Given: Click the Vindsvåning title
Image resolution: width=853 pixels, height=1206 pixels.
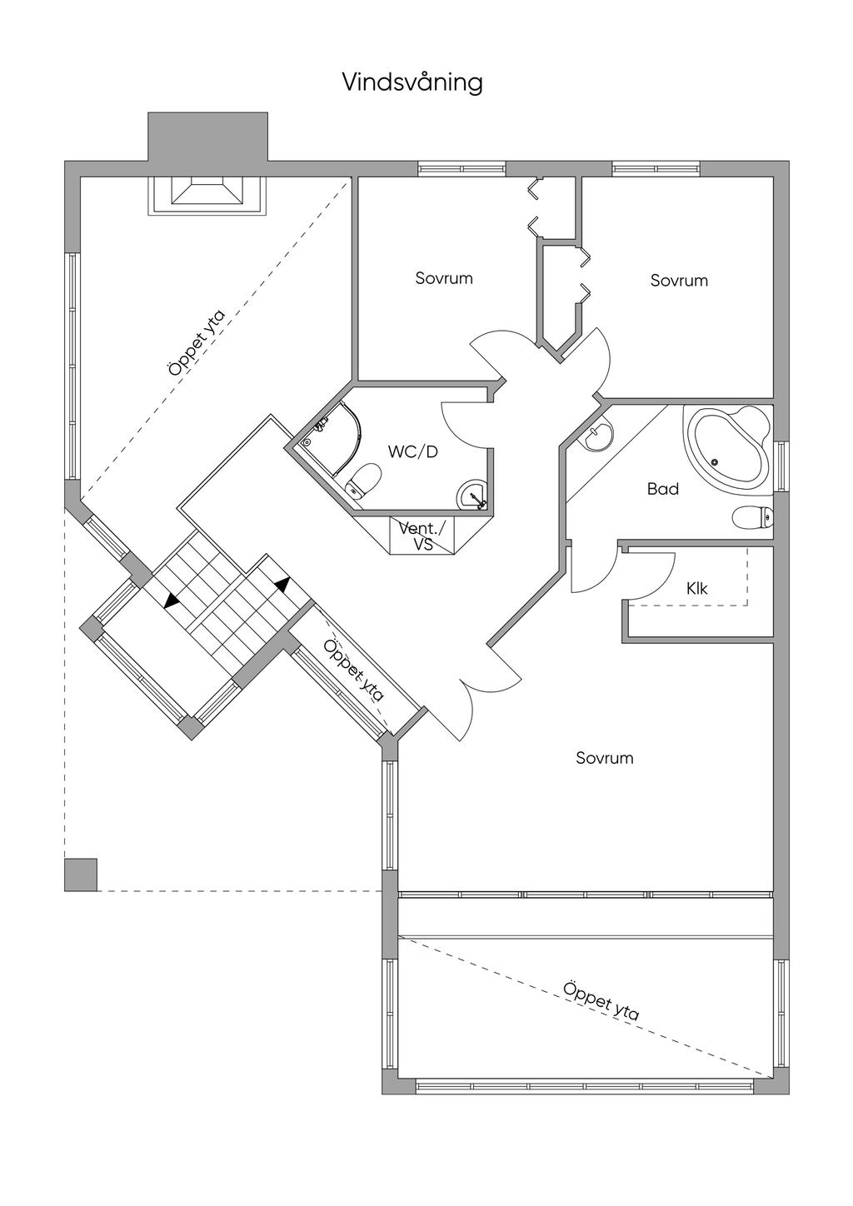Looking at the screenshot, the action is point(412,83).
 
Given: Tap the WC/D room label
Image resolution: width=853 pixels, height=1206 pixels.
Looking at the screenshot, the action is point(413,452).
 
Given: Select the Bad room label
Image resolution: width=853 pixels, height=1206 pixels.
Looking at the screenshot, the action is point(663,489).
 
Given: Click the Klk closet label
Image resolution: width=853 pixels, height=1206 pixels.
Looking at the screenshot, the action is point(697,589).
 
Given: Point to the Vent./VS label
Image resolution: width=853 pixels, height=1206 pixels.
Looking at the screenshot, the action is point(422,536).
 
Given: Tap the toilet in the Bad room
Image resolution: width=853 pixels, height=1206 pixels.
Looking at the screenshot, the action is point(753,517).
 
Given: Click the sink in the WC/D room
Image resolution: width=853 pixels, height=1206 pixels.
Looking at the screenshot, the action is point(472,494).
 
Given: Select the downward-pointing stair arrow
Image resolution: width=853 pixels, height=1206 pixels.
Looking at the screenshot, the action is point(172,599).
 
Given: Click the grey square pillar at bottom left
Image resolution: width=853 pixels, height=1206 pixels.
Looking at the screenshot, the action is point(81,875).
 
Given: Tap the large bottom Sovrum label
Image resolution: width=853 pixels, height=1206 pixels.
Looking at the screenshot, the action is point(604,758).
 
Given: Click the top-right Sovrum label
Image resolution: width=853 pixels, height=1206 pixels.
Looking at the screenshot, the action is point(679,281).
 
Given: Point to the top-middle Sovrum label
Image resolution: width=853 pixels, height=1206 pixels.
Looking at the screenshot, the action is point(444,278).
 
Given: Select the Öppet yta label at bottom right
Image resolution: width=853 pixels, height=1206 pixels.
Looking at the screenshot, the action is point(601,1001).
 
